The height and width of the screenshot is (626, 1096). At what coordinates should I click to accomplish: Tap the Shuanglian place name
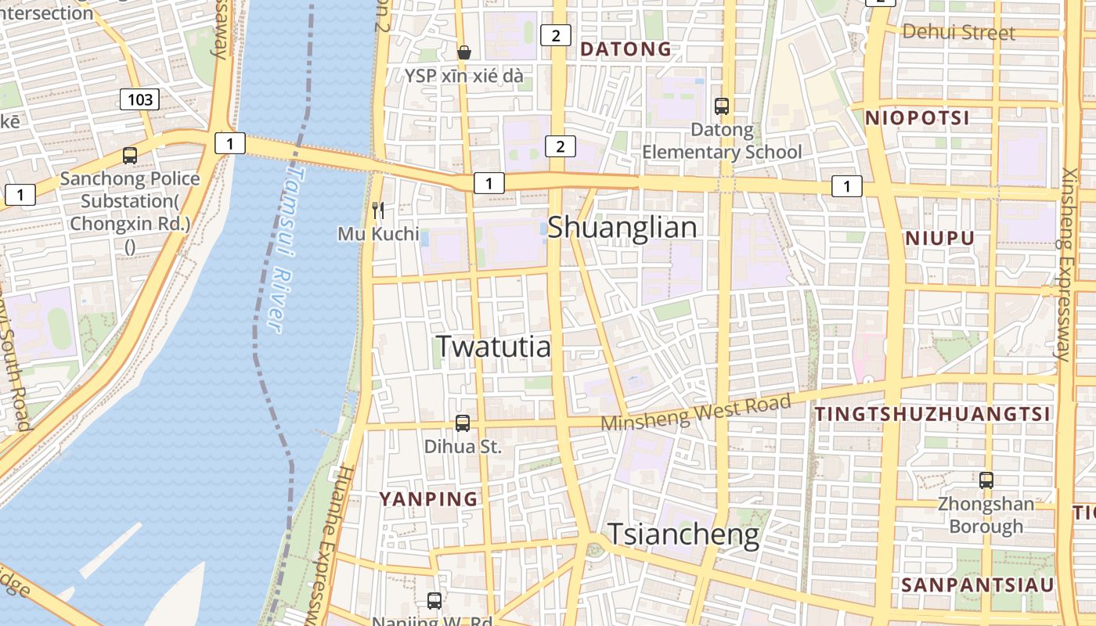(622, 228)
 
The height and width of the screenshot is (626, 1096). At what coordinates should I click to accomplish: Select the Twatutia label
(493, 346)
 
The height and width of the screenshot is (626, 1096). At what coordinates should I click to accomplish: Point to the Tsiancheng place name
(683, 534)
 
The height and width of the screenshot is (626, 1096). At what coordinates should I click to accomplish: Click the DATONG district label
(626, 49)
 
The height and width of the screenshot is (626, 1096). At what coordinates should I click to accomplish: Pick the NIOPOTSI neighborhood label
(917, 118)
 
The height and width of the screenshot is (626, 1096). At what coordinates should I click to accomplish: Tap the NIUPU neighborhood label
(939, 239)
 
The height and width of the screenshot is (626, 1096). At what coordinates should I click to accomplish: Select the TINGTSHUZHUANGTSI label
(932, 415)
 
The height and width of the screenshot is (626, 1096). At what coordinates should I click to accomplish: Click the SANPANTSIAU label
(977, 585)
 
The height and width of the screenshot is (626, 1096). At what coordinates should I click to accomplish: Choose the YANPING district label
(428, 498)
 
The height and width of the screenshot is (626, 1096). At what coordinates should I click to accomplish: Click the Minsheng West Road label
(696, 412)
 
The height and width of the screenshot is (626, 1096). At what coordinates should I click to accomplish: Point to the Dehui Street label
(958, 32)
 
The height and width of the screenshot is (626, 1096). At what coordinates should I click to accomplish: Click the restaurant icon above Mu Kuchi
(378, 210)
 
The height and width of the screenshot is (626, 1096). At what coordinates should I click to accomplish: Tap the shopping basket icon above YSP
(464, 52)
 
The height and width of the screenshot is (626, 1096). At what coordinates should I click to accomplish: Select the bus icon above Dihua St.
(463, 423)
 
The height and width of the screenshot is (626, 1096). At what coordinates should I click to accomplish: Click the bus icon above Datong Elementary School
(721, 106)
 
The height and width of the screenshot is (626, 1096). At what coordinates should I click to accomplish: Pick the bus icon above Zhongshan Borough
(986, 480)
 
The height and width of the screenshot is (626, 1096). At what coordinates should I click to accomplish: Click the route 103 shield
(139, 99)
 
